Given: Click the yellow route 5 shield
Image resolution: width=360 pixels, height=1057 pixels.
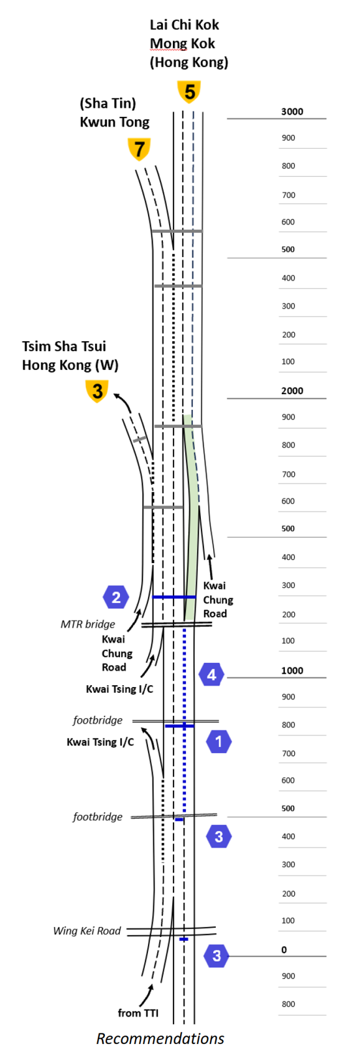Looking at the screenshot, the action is click(x=189, y=92).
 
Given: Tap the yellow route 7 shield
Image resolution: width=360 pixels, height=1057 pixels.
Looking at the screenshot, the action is click(x=139, y=149).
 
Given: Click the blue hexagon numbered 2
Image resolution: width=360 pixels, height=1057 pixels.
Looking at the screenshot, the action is click(x=116, y=598).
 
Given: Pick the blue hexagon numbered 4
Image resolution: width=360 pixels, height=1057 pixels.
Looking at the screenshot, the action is click(x=211, y=674).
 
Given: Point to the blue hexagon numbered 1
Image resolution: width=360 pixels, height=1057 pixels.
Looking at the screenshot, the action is click(x=218, y=741).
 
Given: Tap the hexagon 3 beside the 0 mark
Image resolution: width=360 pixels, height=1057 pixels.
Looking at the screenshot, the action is click(x=217, y=956).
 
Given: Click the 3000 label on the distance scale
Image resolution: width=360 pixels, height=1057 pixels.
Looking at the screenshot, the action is click(x=292, y=112).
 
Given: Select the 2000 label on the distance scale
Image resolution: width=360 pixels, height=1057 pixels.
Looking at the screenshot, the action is click(x=292, y=391).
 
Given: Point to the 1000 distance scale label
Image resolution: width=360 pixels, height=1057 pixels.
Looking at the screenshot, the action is click(x=292, y=671).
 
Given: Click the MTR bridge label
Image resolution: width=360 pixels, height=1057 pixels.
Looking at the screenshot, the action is click(x=88, y=624).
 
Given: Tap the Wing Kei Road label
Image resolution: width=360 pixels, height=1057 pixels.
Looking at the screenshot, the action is click(x=87, y=931).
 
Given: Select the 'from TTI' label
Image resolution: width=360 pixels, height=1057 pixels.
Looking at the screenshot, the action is click(x=138, y=1013).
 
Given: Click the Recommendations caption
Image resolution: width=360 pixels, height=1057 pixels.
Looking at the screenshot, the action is click(x=160, y=1039).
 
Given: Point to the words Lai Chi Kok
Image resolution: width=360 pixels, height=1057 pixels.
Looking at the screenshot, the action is click(x=185, y=25).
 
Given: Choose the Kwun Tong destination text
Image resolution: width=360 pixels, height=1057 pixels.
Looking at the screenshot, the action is click(x=115, y=122).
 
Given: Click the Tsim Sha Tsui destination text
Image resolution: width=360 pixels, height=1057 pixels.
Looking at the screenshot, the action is click(x=64, y=346).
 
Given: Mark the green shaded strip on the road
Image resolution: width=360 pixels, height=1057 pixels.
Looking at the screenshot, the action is click(x=190, y=517).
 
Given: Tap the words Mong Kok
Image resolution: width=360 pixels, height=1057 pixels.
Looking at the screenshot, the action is click(x=183, y=44).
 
